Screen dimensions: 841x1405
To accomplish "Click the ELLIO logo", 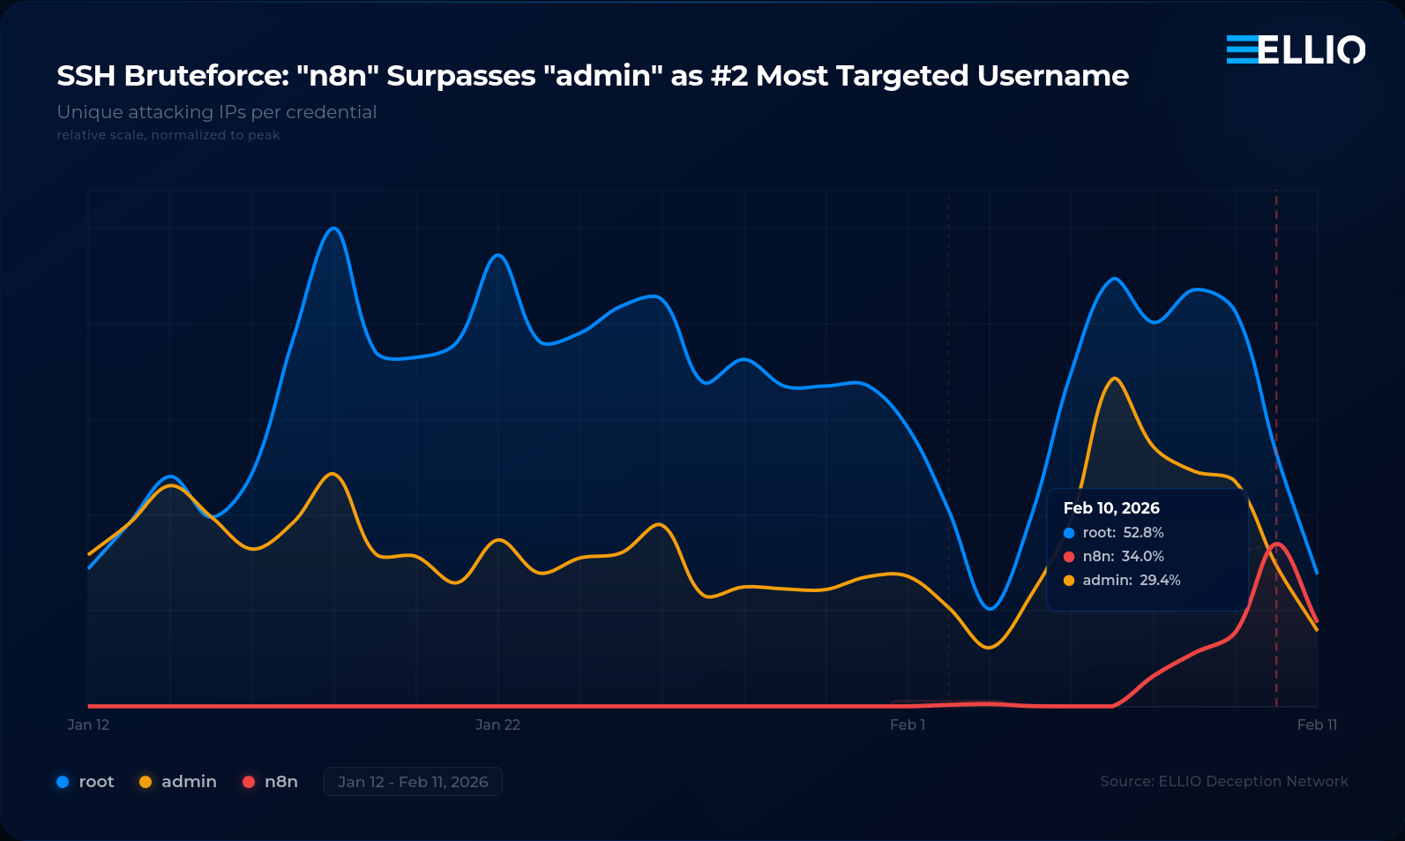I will pyautogui.click(x=1296, y=49).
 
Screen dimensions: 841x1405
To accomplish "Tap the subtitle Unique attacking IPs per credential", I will pyautogui.click(x=217, y=112).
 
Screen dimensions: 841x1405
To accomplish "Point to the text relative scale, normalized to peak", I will pyautogui.click(x=168, y=135).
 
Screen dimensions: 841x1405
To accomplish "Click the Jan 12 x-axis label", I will pyautogui.click(x=88, y=725).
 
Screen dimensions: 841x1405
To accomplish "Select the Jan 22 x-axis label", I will pyautogui.click(x=497, y=725).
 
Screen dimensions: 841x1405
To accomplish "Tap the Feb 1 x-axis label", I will pyautogui.click(x=908, y=725).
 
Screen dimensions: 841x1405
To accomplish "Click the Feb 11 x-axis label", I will pyautogui.click(x=1317, y=725).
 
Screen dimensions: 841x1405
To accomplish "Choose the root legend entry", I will pyautogui.click(x=86, y=782).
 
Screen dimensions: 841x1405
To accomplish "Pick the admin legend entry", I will pyautogui.click(x=178, y=782).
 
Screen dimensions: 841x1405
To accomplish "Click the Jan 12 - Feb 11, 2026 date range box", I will pyautogui.click(x=413, y=782).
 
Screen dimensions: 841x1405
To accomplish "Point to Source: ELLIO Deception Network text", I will pyautogui.click(x=1224, y=781).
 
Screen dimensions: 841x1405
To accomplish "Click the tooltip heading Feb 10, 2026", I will pyautogui.click(x=1111, y=508).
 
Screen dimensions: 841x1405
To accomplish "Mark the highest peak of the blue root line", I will pyautogui.click(x=333, y=229).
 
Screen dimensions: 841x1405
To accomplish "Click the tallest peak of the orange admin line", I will pyautogui.click(x=1115, y=379).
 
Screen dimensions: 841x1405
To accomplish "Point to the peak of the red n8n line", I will pyautogui.click(x=1276, y=544).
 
